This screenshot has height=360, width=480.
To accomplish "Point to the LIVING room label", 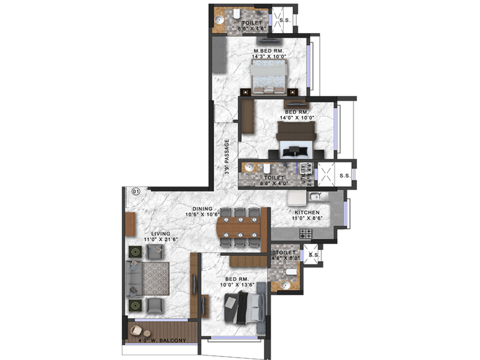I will [x=160, y=234].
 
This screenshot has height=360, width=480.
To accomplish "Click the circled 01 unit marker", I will [x=136, y=192].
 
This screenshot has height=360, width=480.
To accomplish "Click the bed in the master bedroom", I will [x=268, y=77].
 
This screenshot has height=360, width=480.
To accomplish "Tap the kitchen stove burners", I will [x=305, y=232].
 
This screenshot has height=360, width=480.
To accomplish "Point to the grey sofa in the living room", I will [x=133, y=280].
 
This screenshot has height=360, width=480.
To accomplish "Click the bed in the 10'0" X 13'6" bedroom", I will [x=244, y=308].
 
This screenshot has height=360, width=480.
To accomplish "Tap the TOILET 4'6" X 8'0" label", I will [x=286, y=256].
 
